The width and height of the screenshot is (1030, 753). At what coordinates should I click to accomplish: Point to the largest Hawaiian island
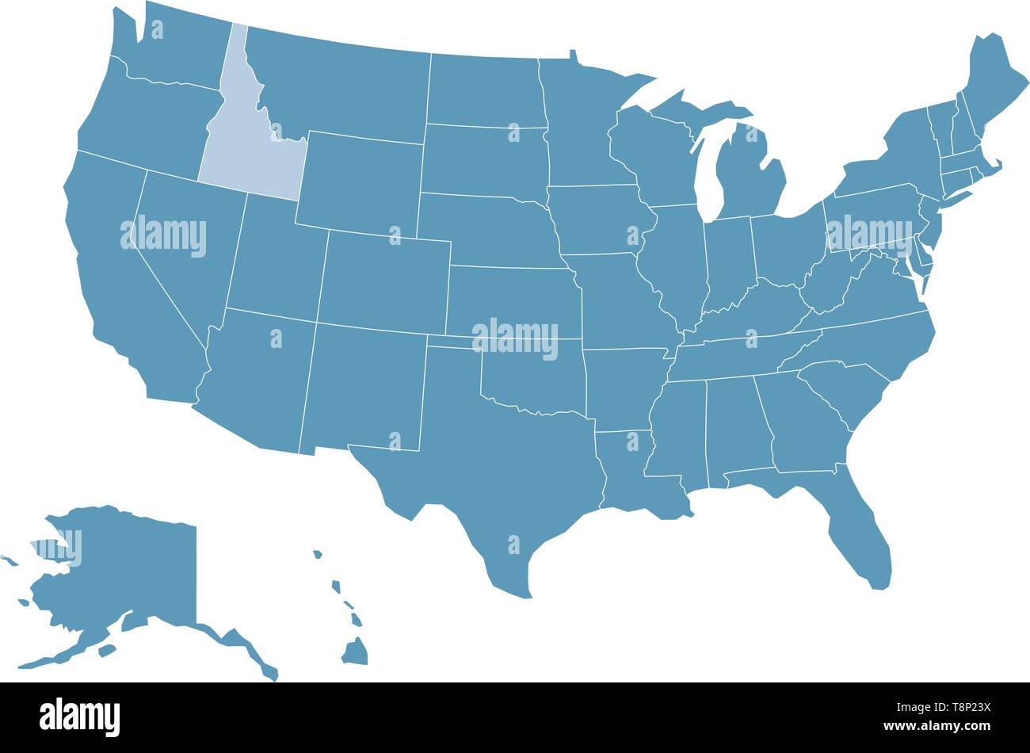click(355, 652)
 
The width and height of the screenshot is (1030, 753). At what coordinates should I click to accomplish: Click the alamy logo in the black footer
click(80, 716)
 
